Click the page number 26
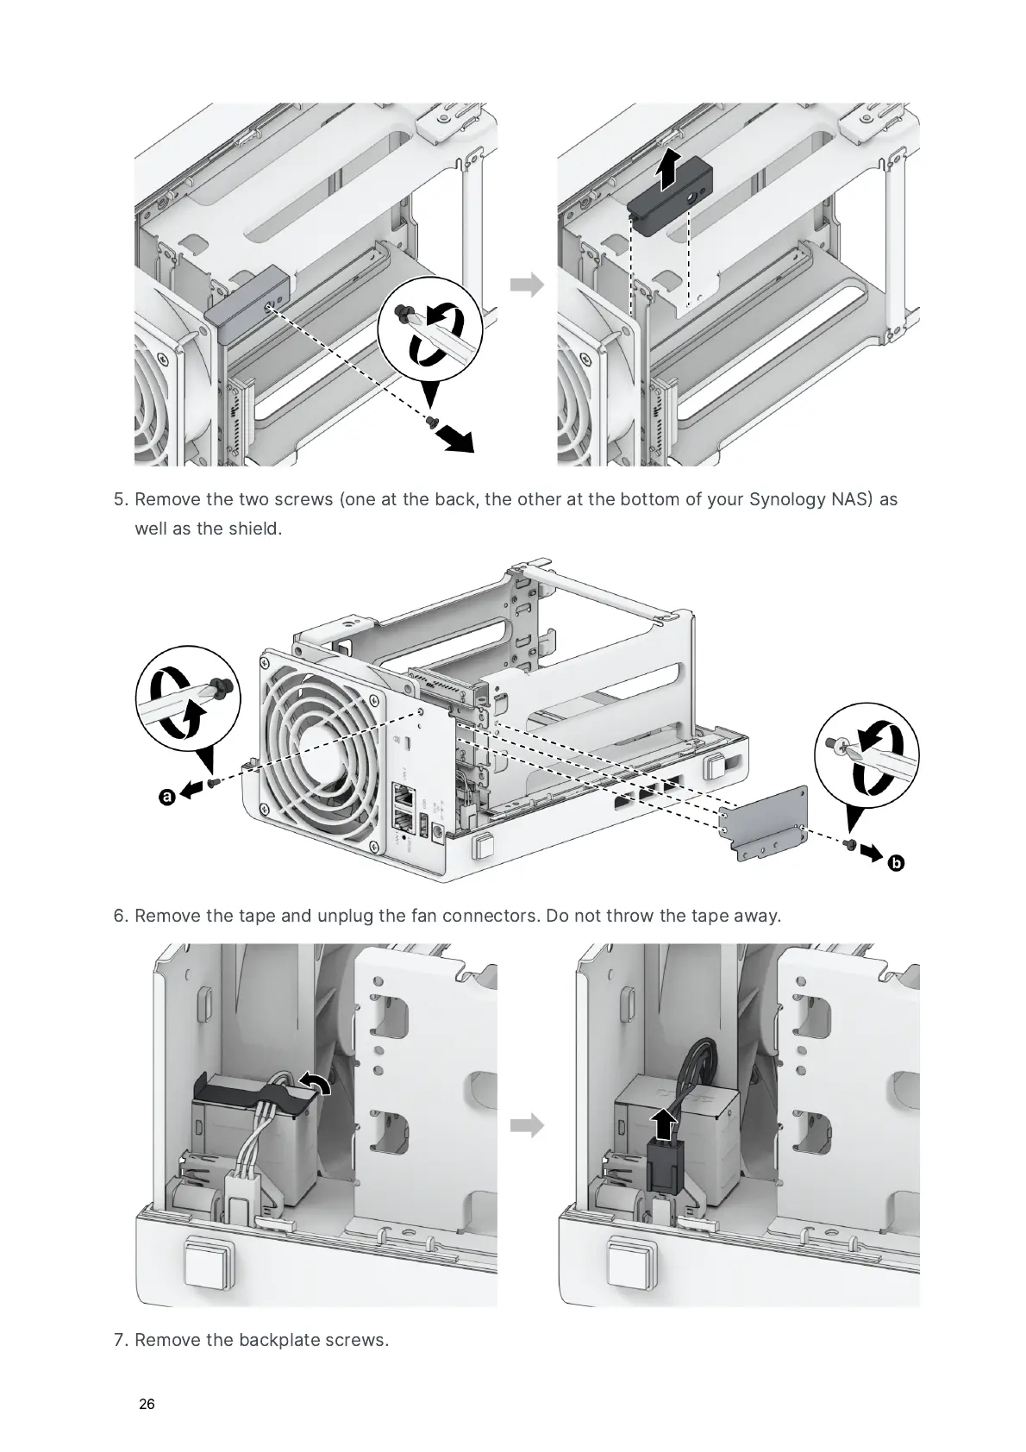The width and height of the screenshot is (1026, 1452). (147, 1404)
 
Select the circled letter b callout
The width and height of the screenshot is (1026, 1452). (896, 861)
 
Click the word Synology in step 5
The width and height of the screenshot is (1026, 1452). (788, 499)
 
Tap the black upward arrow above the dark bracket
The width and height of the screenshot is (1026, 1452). (665, 171)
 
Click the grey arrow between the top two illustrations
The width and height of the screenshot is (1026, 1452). (527, 285)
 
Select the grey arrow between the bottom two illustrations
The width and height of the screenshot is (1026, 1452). (527, 1125)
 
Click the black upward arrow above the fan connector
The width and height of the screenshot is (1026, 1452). (662, 1124)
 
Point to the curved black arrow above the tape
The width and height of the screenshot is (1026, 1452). (315, 1083)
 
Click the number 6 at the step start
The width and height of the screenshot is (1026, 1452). (120, 915)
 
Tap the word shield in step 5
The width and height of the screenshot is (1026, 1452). (254, 528)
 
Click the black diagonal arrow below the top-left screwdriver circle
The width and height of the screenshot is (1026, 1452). (455, 438)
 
